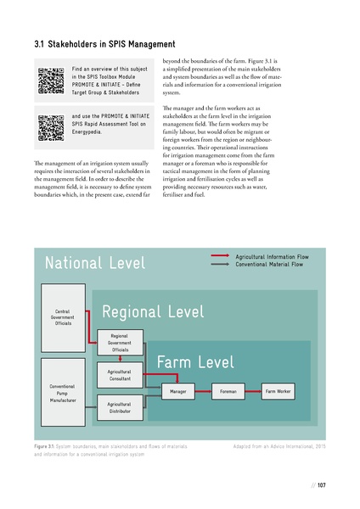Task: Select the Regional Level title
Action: click(x=153, y=312)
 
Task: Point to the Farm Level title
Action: click(x=195, y=364)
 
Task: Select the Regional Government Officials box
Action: click(x=119, y=342)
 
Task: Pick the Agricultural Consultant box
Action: click(x=119, y=374)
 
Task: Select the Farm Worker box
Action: click(x=278, y=392)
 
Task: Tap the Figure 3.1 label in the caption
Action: click(x=45, y=445)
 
